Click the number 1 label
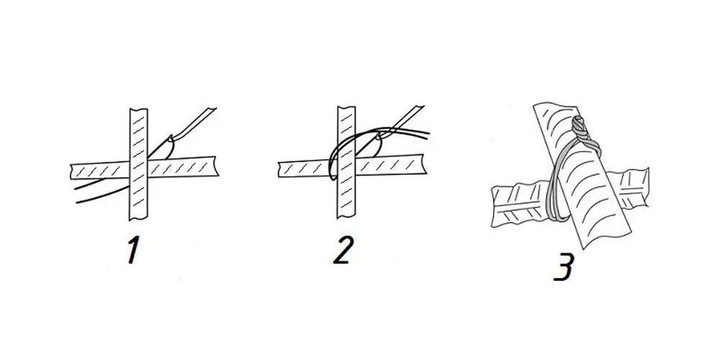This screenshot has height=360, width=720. pos(133,251)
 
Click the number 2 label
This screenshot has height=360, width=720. pos(343,251)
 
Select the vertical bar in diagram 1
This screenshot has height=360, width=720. pos(139,164)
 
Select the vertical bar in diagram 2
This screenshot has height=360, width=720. pos(346,162)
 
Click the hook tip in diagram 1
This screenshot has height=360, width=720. pos(171,138)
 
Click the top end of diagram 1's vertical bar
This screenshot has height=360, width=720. pos(139,109)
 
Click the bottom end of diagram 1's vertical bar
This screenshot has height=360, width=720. pos(139,219)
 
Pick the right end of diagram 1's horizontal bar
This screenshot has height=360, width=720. pos(216,166)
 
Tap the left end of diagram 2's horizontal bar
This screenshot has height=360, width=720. pos(279,169)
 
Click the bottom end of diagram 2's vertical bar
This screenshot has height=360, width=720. pos(346,217)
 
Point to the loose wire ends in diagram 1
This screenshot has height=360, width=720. pos(101,192)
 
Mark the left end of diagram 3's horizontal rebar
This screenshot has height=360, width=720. pos(494,207)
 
